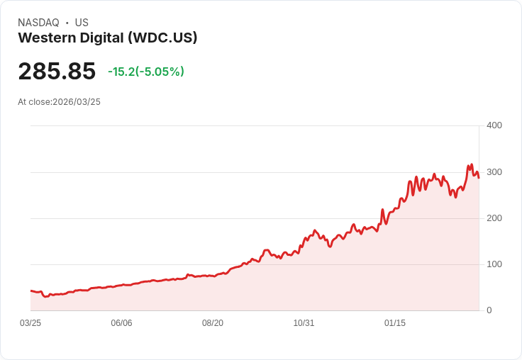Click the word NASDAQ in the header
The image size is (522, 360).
coord(38,23)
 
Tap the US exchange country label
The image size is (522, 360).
coord(82,23)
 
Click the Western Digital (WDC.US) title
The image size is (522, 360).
coord(107,38)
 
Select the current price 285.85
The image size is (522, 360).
coord(57,72)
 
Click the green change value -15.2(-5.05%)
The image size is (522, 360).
coord(146,72)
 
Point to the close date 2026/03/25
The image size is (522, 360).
coord(77,102)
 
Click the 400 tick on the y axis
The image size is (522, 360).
coord(494,125)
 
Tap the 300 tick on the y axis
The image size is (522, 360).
coord(494,172)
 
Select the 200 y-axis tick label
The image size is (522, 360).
coord(494,218)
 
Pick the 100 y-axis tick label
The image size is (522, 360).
coord(494,264)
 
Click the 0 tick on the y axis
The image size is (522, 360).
coord(489,310)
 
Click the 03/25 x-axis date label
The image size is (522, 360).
coord(30,323)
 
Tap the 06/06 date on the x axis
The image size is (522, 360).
coord(121,323)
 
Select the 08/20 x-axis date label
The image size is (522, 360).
coord(213,323)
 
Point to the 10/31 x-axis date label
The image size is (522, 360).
coord(304,323)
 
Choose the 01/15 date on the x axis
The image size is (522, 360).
coord(395,323)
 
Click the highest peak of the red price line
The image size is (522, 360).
coord(472,165)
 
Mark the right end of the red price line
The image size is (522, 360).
coord(479,177)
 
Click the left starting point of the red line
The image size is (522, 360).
coord(30,291)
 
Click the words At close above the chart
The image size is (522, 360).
coord(34,102)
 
